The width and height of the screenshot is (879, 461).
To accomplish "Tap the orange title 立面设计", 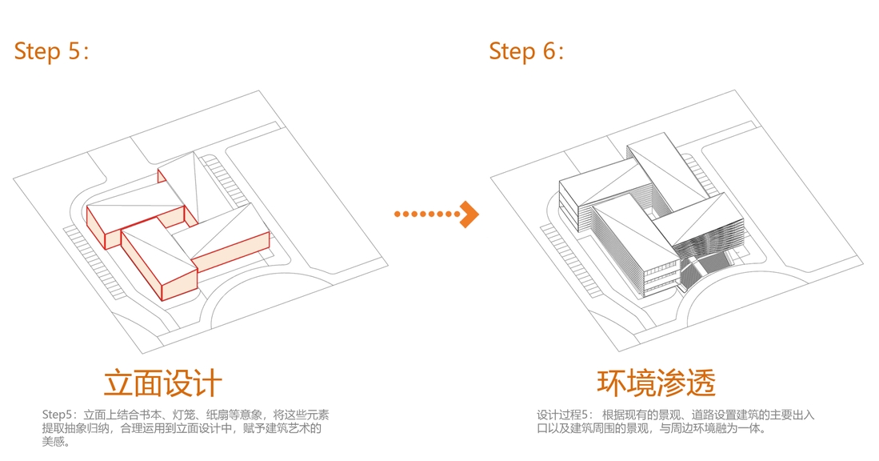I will coord(162,383).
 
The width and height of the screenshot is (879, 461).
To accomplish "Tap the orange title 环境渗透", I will coord(656,383).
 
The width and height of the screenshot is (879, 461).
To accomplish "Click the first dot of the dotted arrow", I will coord(398,214).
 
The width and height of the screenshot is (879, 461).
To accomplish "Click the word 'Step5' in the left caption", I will coord(57,415).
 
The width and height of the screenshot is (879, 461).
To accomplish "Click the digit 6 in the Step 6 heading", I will coord(548,51).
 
